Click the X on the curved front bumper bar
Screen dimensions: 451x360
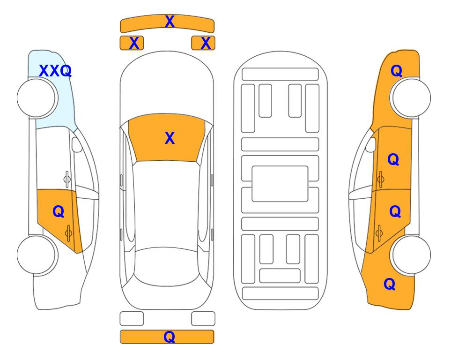tap(170, 22)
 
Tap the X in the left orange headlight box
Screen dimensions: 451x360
tap(134, 43)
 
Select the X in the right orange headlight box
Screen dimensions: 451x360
tap(206, 43)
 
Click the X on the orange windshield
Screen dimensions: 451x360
tap(170, 138)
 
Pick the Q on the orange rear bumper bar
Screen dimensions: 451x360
tap(170, 337)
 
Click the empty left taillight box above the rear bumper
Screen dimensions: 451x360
tap(132, 319)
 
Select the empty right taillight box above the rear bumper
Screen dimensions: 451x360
tap(203, 319)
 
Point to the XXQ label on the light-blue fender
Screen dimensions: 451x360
tap(55, 71)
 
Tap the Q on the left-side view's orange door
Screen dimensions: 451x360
tap(59, 212)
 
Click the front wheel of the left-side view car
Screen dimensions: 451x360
tap(37, 98)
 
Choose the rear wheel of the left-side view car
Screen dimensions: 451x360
tap(37, 255)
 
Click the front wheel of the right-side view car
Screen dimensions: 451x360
tap(411, 97)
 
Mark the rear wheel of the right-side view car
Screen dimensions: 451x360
tap(411, 255)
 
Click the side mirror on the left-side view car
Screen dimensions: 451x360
tap(77, 144)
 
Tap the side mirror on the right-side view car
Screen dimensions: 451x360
tap(371, 144)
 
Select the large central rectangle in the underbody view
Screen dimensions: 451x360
tap(280, 184)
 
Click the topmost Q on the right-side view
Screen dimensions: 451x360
tap(396, 71)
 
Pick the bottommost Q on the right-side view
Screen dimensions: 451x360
tap(390, 284)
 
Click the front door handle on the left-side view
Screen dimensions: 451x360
tap(67, 179)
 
